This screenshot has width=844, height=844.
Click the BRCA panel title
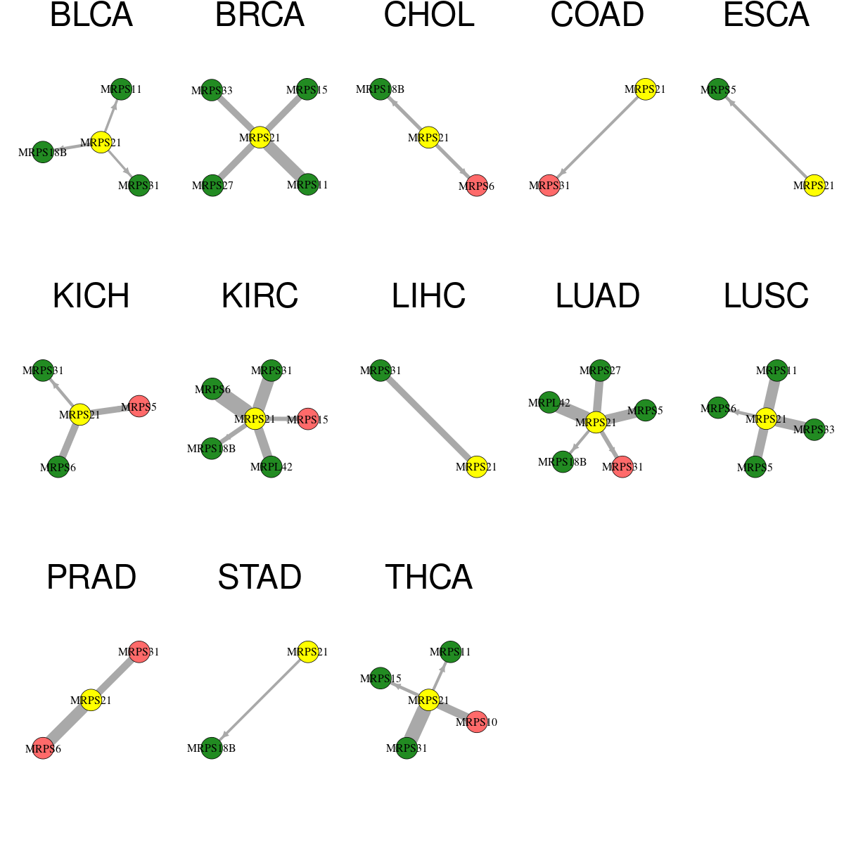(x=260, y=15)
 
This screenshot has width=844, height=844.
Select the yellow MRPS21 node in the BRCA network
(x=260, y=138)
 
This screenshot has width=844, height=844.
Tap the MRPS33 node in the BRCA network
(x=212, y=90)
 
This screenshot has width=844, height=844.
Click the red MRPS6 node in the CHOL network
(x=477, y=186)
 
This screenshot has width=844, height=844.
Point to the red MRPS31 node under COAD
(x=549, y=185)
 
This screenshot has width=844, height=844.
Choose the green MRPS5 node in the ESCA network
(x=718, y=89)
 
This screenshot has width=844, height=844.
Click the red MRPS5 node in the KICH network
(x=139, y=406)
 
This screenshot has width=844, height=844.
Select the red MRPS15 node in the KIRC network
(x=308, y=418)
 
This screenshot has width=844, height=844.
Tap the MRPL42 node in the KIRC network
(x=271, y=466)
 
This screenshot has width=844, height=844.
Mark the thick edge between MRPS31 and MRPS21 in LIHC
(x=428, y=418)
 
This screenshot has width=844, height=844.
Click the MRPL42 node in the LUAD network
(x=549, y=402)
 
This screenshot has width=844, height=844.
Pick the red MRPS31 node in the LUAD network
(x=622, y=466)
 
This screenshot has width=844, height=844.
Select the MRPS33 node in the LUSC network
(x=814, y=429)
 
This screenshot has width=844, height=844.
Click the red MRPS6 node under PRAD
(x=43, y=748)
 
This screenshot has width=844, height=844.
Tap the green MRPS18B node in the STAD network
(x=212, y=748)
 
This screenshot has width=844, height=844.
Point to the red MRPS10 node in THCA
(x=477, y=722)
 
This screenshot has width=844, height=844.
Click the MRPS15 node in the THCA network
(x=381, y=678)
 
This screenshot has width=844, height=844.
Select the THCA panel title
(x=428, y=577)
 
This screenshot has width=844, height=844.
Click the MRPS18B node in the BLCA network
(x=43, y=152)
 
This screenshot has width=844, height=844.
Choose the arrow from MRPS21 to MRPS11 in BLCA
(x=111, y=116)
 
